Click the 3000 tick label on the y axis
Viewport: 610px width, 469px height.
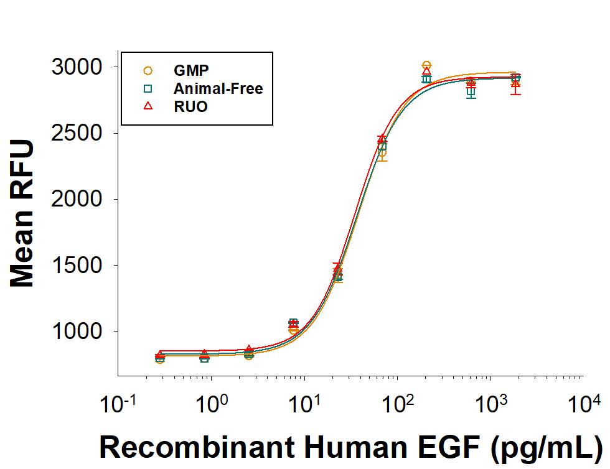pyautogui.click(x=77, y=67)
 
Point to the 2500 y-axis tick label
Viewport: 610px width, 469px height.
pyautogui.click(x=77, y=133)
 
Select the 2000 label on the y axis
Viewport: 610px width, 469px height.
pyautogui.click(x=77, y=199)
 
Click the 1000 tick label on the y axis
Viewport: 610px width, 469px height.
pyautogui.click(x=77, y=332)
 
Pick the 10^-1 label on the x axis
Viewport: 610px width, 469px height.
pyautogui.click(x=118, y=404)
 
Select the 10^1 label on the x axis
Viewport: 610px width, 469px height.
pyautogui.click(x=305, y=404)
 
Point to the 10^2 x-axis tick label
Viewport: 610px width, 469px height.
pyautogui.click(x=398, y=404)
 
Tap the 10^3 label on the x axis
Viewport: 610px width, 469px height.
pyautogui.click(x=491, y=404)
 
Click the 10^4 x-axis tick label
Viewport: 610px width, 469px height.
pyautogui.click(x=584, y=404)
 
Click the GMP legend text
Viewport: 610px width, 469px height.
pyautogui.click(x=191, y=70)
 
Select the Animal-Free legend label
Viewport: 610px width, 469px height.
pyautogui.click(x=218, y=89)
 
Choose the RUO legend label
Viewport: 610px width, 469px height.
pyautogui.click(x=190, y=106)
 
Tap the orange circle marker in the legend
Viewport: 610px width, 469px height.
pyautogui.click(x=148, y=70)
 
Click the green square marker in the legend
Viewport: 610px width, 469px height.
pyautogui.click(x=148, y=89)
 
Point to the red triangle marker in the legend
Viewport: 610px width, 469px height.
pyautogui.click(x=148, y=106)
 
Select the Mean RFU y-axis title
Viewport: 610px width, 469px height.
pyautogui.click(x=22, y=214)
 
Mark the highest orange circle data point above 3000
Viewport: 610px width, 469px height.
pyautogui.click(x=427, y=65)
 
